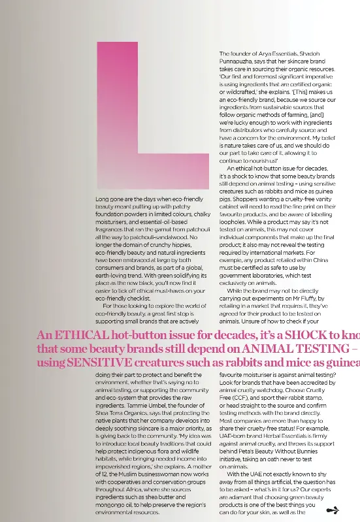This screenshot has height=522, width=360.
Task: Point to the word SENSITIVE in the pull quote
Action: click(x=103, y=363)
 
